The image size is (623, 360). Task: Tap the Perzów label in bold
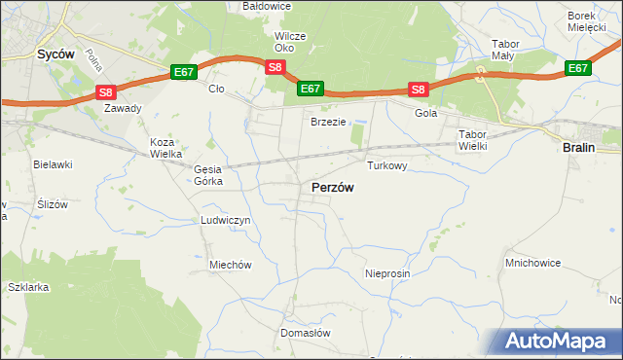[x=332, y=187]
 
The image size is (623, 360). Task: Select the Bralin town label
[x=581, y=146]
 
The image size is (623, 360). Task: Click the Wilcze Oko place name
[x=290, y=42]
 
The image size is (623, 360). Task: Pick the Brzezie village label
[x=329, y=122]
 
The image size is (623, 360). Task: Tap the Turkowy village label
[x=386, y=165]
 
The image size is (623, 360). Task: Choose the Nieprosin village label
[x=387, y=273]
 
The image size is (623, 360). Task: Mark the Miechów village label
[x=231, y=265]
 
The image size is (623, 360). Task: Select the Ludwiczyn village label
[x=226, y=220]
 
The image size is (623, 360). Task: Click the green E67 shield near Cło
[x=184, y=72]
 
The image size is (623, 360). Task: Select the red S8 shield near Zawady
[x=106, y=92]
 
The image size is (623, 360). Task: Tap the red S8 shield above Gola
[x=418, y=90]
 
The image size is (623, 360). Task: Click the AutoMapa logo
[x=557, y=341]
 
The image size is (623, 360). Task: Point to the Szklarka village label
[x=27, y=288]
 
